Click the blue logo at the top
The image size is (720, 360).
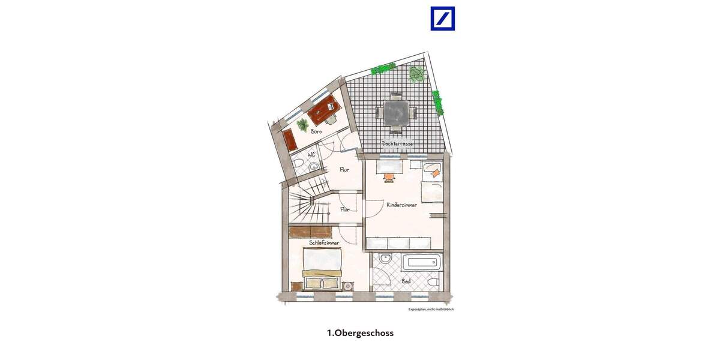pos(442,19)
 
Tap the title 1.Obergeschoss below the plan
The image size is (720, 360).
pos(360,332)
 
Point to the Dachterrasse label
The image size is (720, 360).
pos(397,143)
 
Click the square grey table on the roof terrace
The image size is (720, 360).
pos(396,112)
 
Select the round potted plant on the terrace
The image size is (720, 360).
pos(416,74)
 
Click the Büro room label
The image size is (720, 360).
pos(317,131)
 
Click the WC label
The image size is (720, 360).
pos(311,155)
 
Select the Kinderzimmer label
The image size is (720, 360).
pos(401,205)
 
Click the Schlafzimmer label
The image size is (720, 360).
pos(324,242)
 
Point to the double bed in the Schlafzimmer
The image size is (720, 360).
pos(322,269)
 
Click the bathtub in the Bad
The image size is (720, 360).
pos(422,262)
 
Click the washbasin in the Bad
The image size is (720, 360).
pos(385,260)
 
